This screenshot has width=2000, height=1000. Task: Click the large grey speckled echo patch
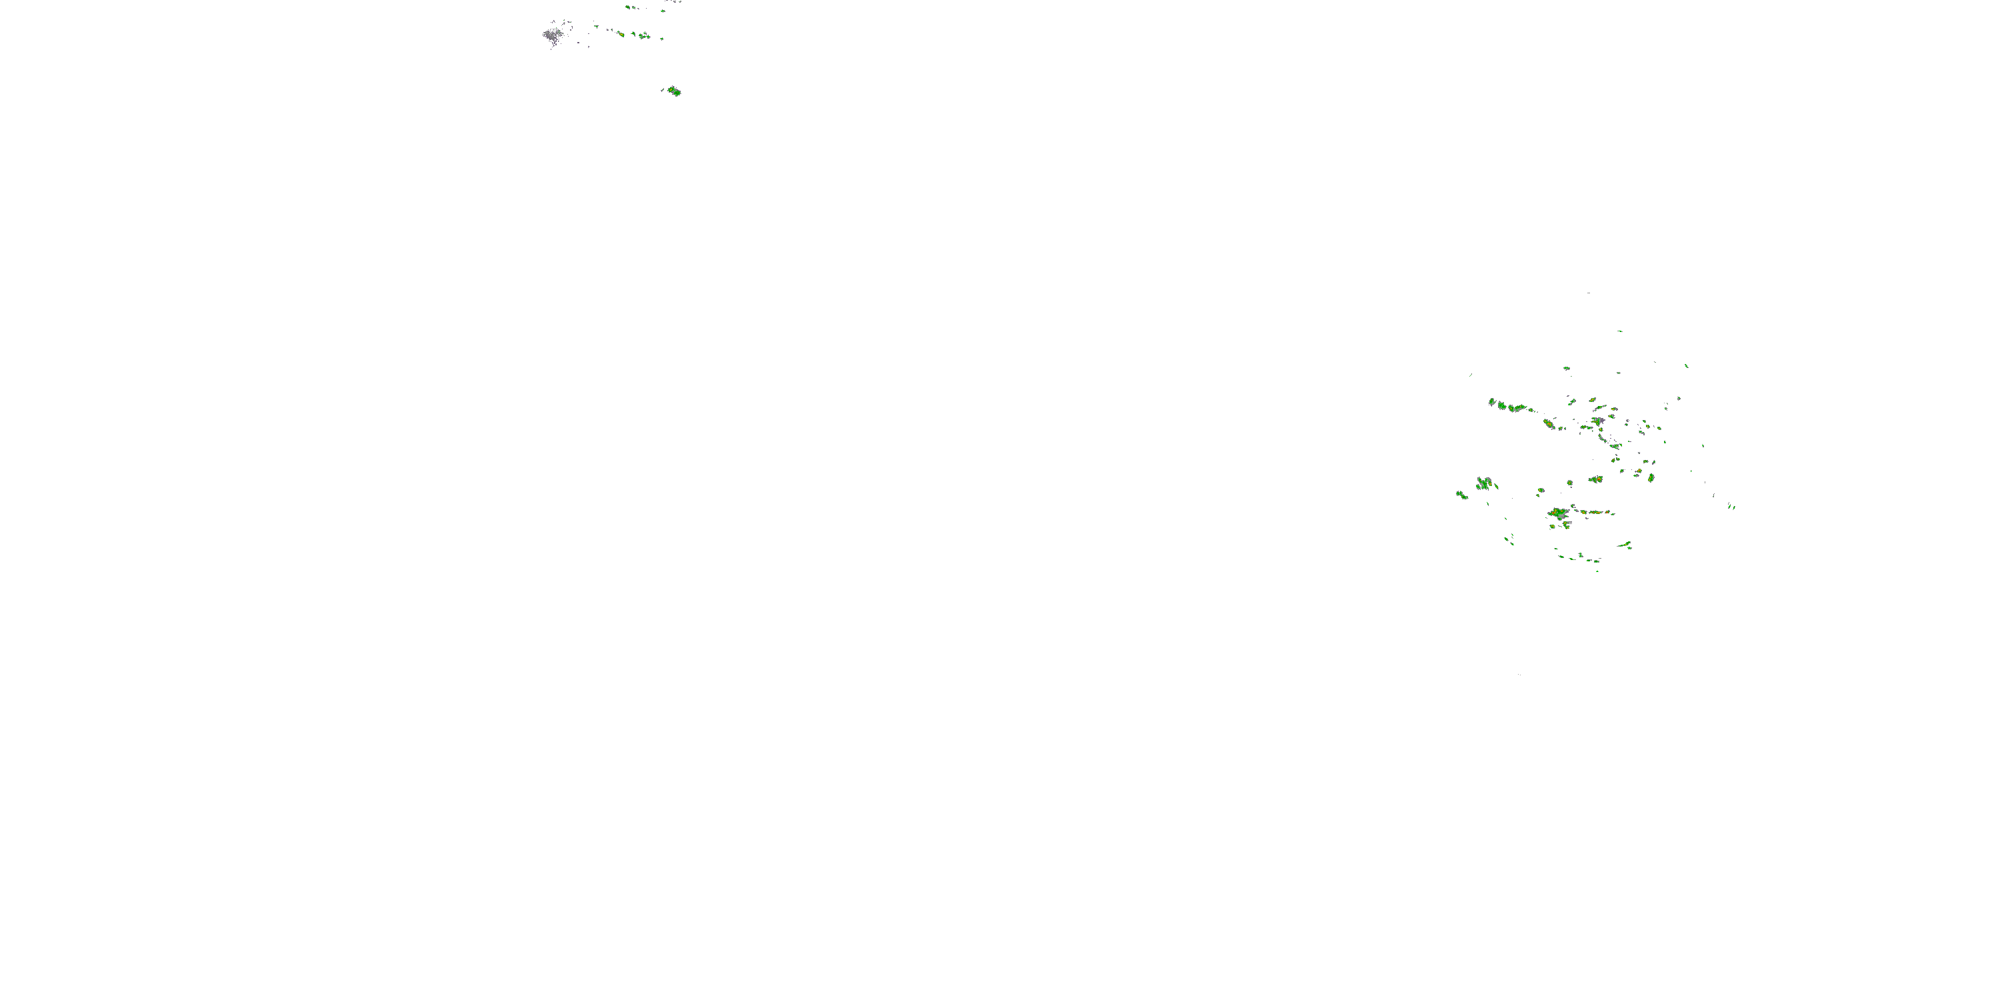552,35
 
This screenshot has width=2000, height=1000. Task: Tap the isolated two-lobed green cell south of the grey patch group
674,91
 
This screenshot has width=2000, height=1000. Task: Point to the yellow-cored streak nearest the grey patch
621,34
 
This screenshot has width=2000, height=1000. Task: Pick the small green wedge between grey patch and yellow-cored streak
596,27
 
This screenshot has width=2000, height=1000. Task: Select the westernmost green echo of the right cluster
1461,495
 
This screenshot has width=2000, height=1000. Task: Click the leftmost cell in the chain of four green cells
1492,402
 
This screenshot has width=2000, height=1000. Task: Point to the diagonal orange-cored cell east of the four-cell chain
1549,424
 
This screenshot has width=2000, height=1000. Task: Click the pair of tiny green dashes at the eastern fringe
1731,506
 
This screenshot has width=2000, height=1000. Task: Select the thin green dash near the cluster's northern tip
1619,331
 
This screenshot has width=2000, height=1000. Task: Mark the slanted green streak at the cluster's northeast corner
1687,366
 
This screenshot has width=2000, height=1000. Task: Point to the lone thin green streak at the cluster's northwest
1471,376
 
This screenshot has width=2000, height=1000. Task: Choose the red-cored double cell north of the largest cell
1595,479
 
